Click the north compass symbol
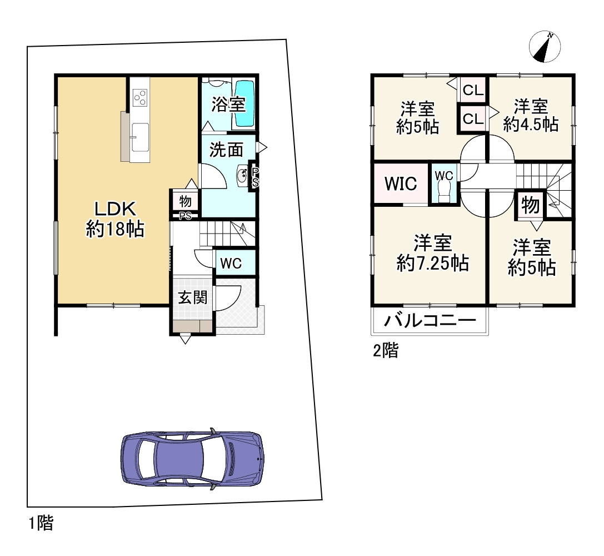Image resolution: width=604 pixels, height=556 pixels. point(545,47)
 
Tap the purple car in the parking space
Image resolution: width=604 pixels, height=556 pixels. point(193,459)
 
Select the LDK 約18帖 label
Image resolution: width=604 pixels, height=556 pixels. point(115,219)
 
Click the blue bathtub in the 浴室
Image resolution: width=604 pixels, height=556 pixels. point(244,103)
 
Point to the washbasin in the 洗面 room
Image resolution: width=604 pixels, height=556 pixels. point(243,176)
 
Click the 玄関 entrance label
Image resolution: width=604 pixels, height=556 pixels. point(193,297)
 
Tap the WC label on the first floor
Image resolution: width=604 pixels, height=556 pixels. point(231,264)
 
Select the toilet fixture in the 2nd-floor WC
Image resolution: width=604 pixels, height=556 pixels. point(444,191)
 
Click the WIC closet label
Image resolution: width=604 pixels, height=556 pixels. point(401,183)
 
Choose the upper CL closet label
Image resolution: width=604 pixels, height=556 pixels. point(473,90)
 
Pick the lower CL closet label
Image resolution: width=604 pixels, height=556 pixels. point(473,118)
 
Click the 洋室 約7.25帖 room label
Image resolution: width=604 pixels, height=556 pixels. point(433,253)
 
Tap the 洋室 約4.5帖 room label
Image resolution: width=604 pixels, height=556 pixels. point(531,115)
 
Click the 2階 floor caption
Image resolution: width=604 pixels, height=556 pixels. point(386,350)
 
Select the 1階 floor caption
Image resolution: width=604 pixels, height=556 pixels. point(41,523)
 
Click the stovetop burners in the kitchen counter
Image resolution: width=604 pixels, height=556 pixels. point(140,97)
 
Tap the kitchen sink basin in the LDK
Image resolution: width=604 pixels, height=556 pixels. point(140,137)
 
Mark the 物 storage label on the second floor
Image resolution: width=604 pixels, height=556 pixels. point(531,205)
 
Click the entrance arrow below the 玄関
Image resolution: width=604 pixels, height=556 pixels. point(185,340)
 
